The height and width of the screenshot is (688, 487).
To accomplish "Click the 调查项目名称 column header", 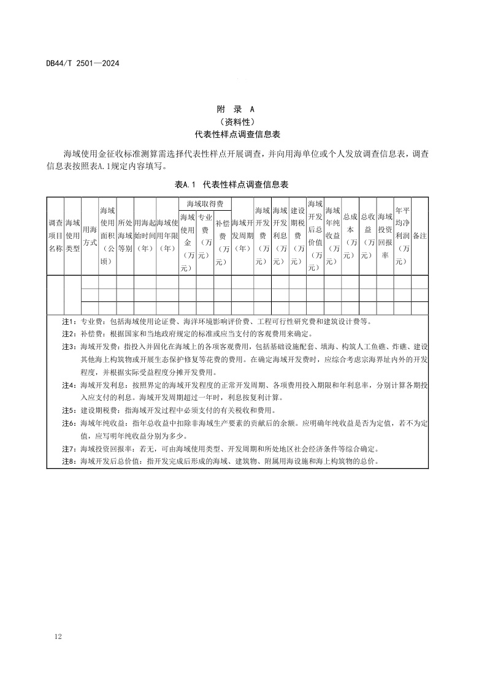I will [55, 236].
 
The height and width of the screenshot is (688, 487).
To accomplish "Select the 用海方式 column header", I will [90, 236].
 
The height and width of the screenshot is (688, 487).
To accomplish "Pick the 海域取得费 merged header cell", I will [205, 203].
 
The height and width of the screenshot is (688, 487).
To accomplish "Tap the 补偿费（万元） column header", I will [223, 242].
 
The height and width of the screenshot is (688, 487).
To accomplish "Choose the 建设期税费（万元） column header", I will [298, 236].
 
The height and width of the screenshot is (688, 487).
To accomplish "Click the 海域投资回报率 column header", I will [385, 236].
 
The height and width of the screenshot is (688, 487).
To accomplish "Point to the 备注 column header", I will [420, 236].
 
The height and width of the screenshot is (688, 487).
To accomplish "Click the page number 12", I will [58, 638].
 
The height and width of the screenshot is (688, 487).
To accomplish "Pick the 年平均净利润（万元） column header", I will [402, 236].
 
